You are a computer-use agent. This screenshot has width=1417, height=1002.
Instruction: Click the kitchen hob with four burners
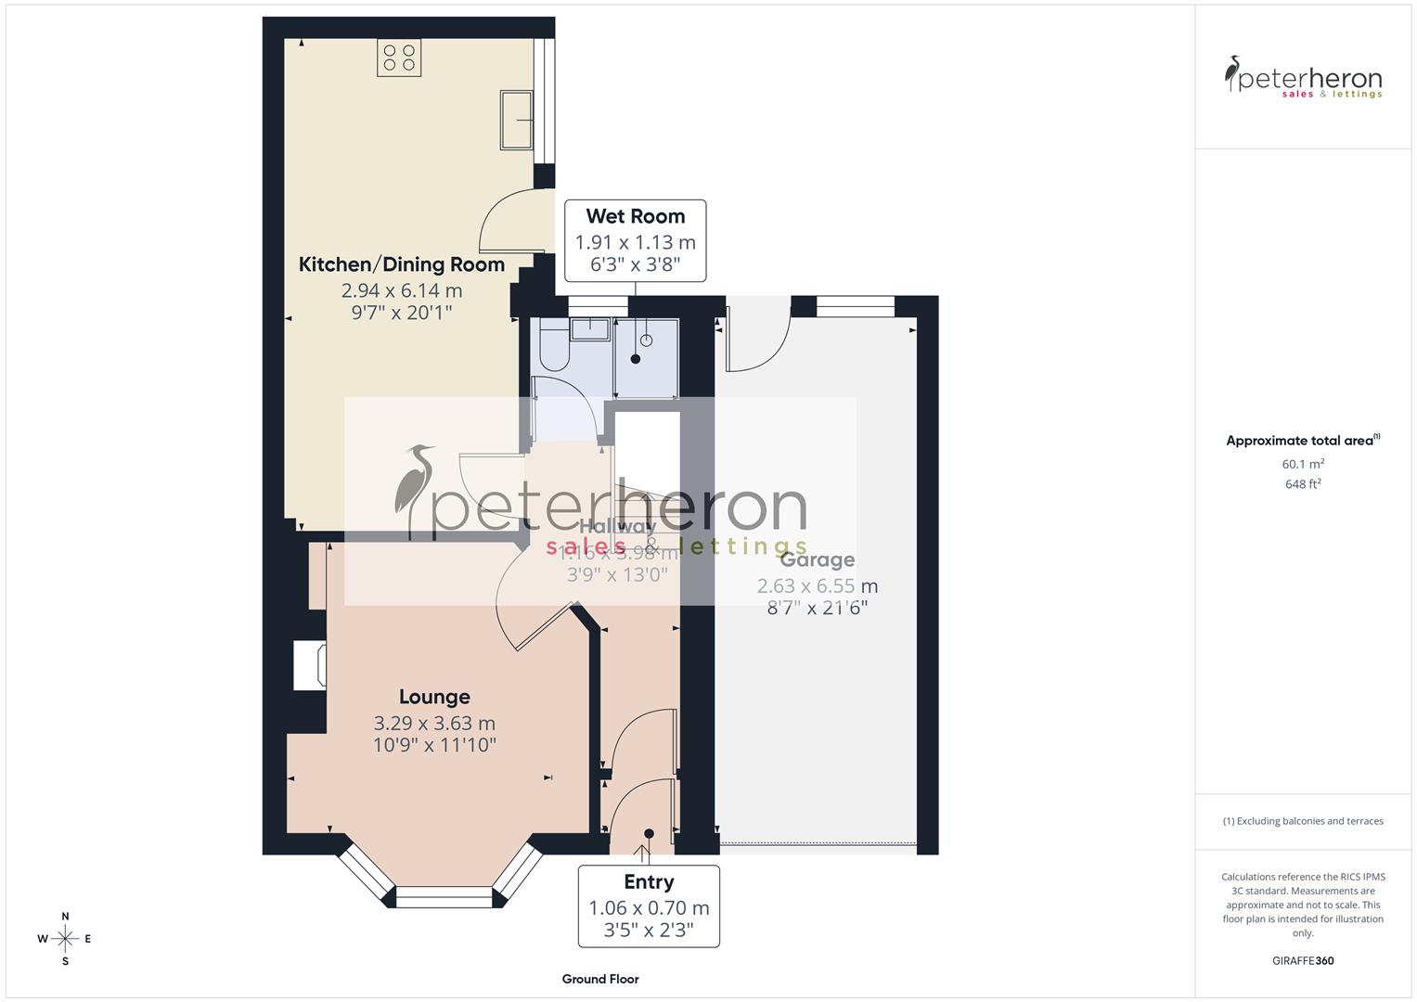tap(399, 57)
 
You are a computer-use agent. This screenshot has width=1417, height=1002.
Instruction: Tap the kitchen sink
tap(516, 119)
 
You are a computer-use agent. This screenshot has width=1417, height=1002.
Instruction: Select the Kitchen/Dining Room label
tap(401, 264)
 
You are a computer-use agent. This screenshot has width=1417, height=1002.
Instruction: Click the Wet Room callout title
tap(635, 216)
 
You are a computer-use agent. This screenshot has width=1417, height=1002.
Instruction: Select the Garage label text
tap(817, 560)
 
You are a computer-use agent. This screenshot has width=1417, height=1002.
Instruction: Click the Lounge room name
tap(434, 697)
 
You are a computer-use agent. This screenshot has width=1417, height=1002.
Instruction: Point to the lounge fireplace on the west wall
tap(308, 665)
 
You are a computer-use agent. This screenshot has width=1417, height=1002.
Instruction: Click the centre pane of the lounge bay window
tap(443, 897)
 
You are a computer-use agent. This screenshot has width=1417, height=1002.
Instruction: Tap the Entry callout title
tap(649, 882)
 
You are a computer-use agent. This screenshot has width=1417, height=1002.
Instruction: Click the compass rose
tap(65, 939)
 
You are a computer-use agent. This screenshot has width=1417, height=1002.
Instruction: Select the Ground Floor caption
tap(600, 979)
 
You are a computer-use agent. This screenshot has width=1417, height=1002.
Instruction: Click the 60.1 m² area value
tap(1303, 464)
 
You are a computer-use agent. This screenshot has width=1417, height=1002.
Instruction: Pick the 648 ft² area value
tap(1303, 484)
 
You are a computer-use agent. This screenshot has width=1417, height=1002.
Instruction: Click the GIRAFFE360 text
tap(1303, 960)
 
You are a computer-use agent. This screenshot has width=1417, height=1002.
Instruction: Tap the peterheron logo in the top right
tap(1303, 78)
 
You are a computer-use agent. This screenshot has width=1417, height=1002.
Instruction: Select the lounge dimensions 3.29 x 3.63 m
tap(434, 724)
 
